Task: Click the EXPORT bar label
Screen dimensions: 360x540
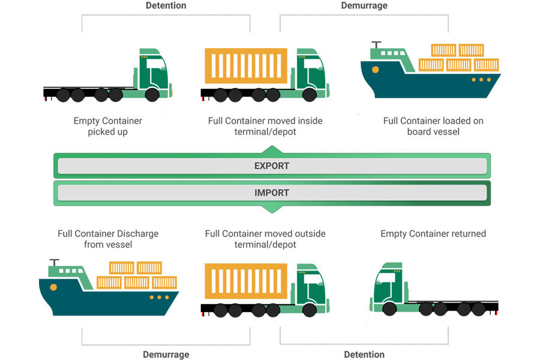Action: (x=272, y=166)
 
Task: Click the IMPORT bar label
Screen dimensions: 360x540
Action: (x=272, y=193)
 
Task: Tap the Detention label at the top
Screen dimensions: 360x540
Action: (x=166, y=5)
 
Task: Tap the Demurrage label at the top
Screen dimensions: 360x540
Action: (x=364, y=5)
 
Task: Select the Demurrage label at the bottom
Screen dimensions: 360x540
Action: (x=166, y=355)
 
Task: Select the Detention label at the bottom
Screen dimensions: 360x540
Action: (x=364, y=355)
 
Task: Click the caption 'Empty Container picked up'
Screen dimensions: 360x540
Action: (x=108, y=126)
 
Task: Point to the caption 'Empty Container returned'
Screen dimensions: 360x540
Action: (x=433, y=233)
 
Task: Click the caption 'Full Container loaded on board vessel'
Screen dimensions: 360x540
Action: (x=433, y=126)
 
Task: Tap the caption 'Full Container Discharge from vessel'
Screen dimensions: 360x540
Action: (x=108, y=239)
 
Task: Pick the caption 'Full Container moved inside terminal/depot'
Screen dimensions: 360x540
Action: (x=265, y=126)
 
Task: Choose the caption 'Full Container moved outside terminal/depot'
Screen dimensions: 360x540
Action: (x=265, y=239)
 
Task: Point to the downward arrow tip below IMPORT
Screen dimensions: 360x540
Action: (x=271, y=211)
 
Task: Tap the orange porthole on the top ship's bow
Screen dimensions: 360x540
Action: (x=376, y=70)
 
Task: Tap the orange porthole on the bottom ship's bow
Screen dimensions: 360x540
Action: (x=54, y=287)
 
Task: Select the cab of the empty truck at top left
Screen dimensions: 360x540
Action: (x=153, y=72)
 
